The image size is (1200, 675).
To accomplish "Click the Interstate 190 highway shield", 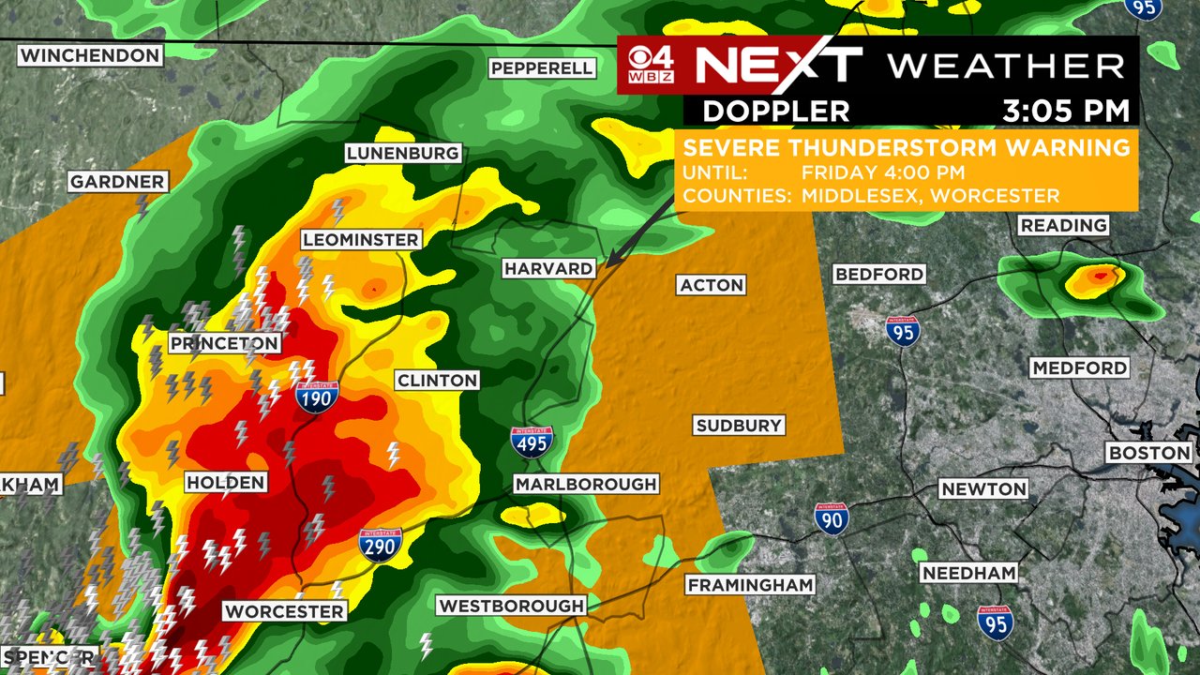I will [x=317, y=397].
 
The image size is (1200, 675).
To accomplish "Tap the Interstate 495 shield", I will [x=532, y=442].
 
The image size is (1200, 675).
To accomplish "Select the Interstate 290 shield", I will [x=381, y=545].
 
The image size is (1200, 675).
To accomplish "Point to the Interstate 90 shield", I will [x=832, y=518].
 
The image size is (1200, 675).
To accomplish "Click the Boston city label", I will [x=1149, y=453].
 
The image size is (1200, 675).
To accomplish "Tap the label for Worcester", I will [x=285, y=611].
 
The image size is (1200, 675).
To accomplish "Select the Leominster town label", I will [x=360, y=240].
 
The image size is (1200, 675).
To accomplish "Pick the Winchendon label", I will [x=90, y=55].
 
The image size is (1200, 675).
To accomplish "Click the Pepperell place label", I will [x=542, y=67].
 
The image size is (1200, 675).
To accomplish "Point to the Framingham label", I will [x=750, y=585].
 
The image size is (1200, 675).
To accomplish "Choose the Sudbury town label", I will [x=739, y=426].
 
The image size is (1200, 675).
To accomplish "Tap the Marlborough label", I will [x=586, y=484].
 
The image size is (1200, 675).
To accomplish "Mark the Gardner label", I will [x=117, y=182].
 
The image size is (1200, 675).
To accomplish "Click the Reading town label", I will [x=1063, y=225].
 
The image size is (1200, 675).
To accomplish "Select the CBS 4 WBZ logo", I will [x=651, y=65].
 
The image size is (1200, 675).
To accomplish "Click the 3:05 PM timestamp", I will [x=1066, y=111].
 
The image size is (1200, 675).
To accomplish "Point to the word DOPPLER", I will [x=776, y=111].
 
